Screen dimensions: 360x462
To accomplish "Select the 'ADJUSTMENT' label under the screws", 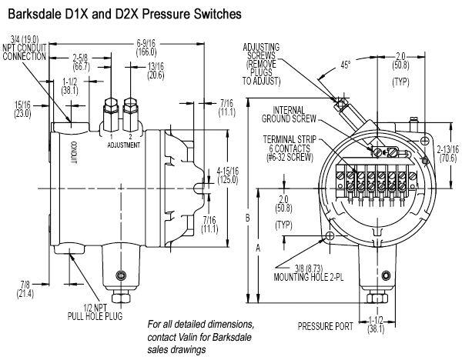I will point(122,145).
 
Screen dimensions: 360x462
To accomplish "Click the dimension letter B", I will point(247,218).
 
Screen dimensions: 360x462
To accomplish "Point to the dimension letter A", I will point(258,248).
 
